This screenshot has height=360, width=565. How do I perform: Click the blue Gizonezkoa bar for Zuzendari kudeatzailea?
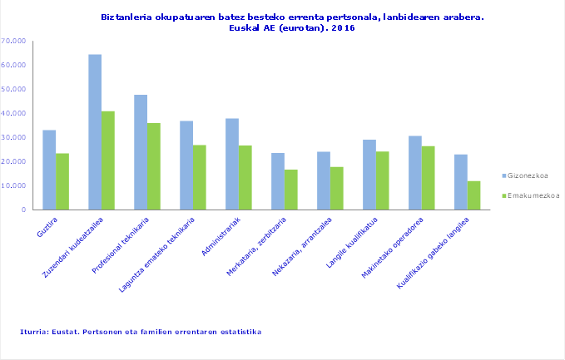point(95,132)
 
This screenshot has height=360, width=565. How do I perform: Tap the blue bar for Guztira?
point(49,170)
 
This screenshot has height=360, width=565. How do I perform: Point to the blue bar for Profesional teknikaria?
point(141,152)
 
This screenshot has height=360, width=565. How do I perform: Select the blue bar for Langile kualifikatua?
point(369,175)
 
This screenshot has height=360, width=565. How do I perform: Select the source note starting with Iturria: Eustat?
point(141,332)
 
